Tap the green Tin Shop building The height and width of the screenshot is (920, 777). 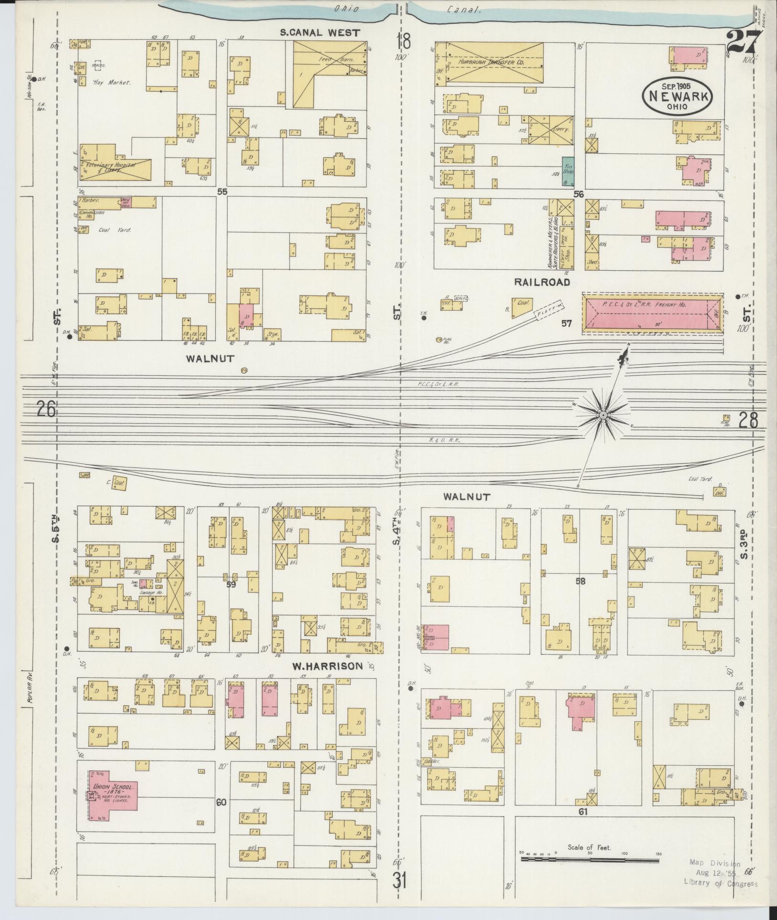[567, 172]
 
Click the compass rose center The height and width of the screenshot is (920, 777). [603, 416]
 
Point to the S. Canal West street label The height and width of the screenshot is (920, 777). [320, 32]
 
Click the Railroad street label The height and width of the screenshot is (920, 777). [542, 282]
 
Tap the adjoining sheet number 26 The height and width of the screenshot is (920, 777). [46, 409]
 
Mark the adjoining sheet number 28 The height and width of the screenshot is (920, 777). [748, 421]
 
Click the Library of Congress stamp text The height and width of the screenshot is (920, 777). [720, 884]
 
